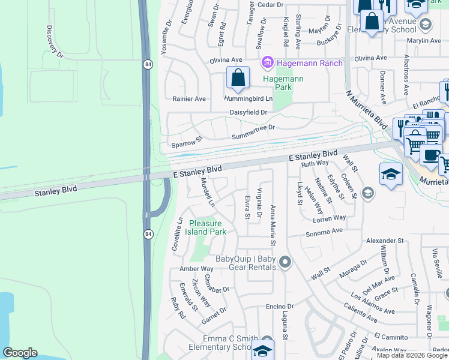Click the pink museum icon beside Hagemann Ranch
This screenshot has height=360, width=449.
[x=267, y=62]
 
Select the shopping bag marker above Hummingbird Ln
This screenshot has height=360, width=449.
[x=238, y=78]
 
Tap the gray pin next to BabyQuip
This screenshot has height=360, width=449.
[x=286, y=262]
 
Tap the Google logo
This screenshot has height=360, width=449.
[x=20, y=353]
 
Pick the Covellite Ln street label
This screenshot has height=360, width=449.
[x=178, y=233]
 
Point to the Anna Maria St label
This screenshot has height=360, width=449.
[x=273, y=225]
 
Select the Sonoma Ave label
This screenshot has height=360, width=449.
[x=324, y=232]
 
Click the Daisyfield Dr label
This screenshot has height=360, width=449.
[x=248, y=112]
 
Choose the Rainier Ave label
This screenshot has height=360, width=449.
[x=189, y=98]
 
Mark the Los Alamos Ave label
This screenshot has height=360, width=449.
[x=373, y=304]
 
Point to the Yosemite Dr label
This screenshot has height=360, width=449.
[x=166, y=35]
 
